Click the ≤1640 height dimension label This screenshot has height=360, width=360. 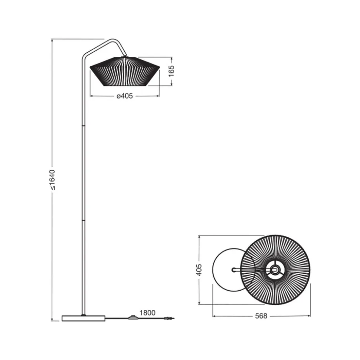click(x=53, y=180)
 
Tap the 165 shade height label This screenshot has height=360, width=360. click(x=171, y=71)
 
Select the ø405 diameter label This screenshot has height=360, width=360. click(x=125, y=96)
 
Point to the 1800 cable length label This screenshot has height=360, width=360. click(x=147, y=313)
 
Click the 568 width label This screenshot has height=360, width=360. click(x=261, y=316)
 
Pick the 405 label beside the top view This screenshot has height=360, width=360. click(x=199, y=270)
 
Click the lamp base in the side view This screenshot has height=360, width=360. click(x=84, y=318)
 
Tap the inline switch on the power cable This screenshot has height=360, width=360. click(x=132, y=317)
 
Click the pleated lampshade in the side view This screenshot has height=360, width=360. click(x=125, y=72)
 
